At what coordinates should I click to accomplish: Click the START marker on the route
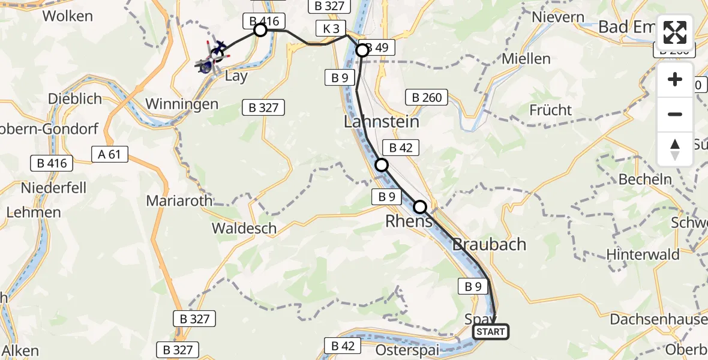point(491,332)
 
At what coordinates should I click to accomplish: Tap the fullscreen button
point(675,32)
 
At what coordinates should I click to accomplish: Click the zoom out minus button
point(675,114)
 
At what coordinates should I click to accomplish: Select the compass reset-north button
point(675,149)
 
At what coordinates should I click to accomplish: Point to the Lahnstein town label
point(382,122)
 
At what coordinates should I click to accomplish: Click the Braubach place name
point(489,244)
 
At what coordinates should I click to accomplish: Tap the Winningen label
point(182,104)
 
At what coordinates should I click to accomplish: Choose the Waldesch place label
point(244,228)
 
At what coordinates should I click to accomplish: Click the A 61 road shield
point(110,155)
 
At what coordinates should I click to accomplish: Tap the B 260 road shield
point(427,97)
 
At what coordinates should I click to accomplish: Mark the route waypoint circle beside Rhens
point(420,208)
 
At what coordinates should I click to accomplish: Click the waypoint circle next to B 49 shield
point(362,50)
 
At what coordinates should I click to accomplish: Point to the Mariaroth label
point(179,200)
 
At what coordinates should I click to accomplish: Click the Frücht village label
point(550,110)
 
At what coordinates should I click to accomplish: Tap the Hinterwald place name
point(643,254)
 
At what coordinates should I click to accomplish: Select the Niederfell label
point(53,188)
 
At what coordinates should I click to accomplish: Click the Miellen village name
point(526,59)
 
